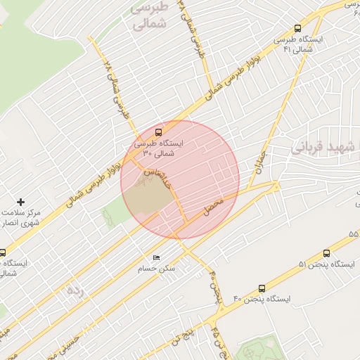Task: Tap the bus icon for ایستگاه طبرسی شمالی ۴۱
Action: coord(297,29)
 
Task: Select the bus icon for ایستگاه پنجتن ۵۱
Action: coord(326,253)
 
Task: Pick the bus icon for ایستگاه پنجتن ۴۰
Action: coord(262,288)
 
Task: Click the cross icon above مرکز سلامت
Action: coord(20,202)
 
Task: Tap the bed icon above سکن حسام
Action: coord(156,257)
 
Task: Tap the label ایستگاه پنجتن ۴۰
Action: coord(262,299)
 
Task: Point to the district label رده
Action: coord(74,290)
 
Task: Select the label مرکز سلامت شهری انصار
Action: coord(20,217)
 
